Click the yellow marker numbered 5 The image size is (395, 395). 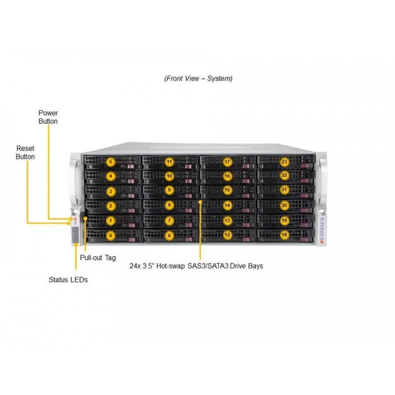coord(111,162)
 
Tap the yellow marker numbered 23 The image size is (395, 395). coord(284,162)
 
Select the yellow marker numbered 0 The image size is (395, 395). coord(111,236)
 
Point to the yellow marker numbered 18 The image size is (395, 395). coord(284,235)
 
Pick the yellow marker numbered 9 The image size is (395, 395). coord(169,190)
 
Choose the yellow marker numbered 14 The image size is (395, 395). coord(227,205)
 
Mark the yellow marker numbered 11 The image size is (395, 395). coord(169,162)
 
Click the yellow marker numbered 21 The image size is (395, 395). coord(284,190)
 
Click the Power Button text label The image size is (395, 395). coord(48,117)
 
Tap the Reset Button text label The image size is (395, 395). coord(25,153)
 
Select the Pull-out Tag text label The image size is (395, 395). coord(98,258)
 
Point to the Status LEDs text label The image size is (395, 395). coord(68,279)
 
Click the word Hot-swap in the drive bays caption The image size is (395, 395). coord(170,266)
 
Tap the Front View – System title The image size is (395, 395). coord(198,79)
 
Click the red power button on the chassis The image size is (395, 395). coord(75,219)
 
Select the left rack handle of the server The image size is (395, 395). coord(73,181)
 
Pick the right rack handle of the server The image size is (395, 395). coord(322,181)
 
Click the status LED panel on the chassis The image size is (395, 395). coord(76,235)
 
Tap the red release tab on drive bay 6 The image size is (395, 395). coord(188,239)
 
